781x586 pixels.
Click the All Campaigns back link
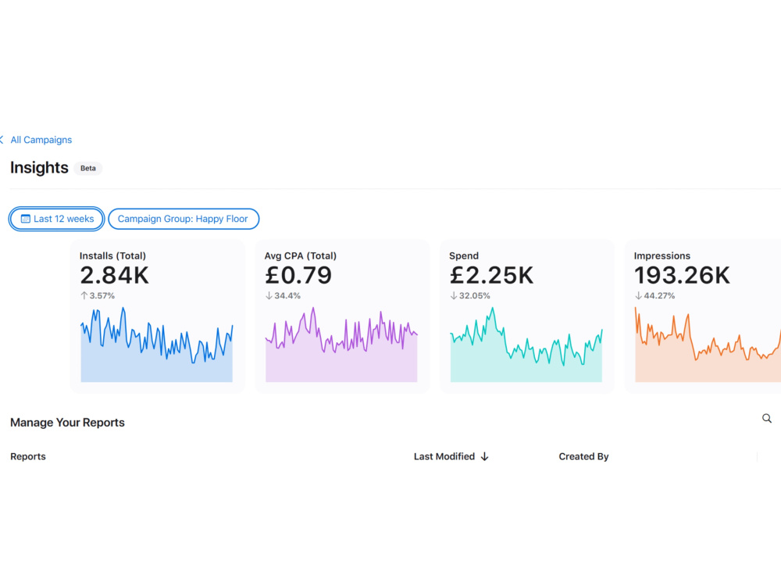[37, 140]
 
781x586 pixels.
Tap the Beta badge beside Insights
[88, 169]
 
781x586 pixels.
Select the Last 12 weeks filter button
[57, 219]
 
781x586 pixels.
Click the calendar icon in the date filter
[26, 219]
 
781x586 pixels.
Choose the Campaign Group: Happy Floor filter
[184, 219]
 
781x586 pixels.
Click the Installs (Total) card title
[112, 255]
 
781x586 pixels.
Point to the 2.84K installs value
[114, 275]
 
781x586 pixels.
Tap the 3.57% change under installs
[98, 295]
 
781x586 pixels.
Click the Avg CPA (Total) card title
[301, 255]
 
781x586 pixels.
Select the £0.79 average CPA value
[298, 275]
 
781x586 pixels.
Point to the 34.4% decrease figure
[283, 295]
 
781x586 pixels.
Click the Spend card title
[464, 255]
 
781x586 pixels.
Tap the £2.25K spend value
[491, 275]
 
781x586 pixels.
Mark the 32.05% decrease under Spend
[470, 295]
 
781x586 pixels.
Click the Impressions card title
[662, 255]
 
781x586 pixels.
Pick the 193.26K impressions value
[682, 275]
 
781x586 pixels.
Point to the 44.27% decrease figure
[655, 295]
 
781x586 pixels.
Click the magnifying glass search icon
[767, 419]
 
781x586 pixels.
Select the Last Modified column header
[451, 456]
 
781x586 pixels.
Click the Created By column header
[583, 456]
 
